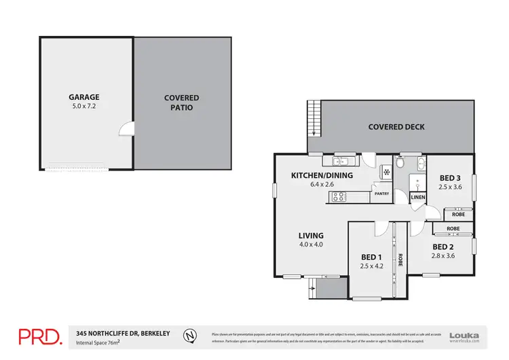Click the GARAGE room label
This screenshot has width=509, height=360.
(84, 97)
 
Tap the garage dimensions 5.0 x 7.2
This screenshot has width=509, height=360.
(84, 107)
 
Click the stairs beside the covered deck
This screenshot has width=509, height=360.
(313, 118)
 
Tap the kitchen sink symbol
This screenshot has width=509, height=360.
(341, 161)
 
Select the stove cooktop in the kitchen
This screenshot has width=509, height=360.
(338, 197)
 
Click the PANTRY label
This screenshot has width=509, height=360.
(381, 194)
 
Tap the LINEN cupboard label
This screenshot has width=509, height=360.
(417, 197)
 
